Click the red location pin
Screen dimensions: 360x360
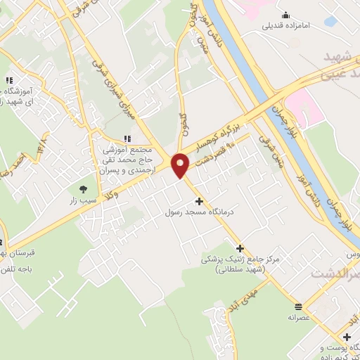(180, 164)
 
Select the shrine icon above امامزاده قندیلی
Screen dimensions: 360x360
(285, 15)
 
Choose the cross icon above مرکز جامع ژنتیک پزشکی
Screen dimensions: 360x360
(240, 248)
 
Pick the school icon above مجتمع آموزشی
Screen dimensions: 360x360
(127, 139)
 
